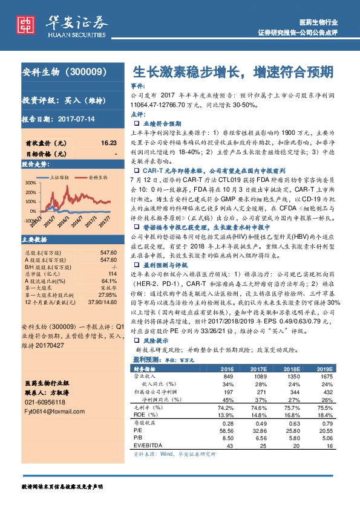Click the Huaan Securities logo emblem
[25, 24]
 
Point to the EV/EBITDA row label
[149, 445]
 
